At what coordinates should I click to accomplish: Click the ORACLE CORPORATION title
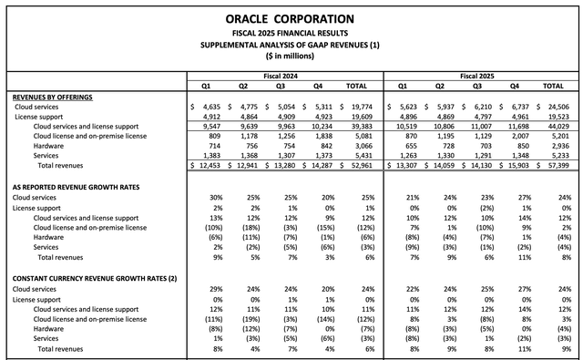pyautogui.click(x=291, y=18)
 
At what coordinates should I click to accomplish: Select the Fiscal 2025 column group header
pyautogui.click(x=479, y=76)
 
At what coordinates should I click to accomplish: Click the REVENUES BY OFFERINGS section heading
pyautogui.click(x=53, y=97)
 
